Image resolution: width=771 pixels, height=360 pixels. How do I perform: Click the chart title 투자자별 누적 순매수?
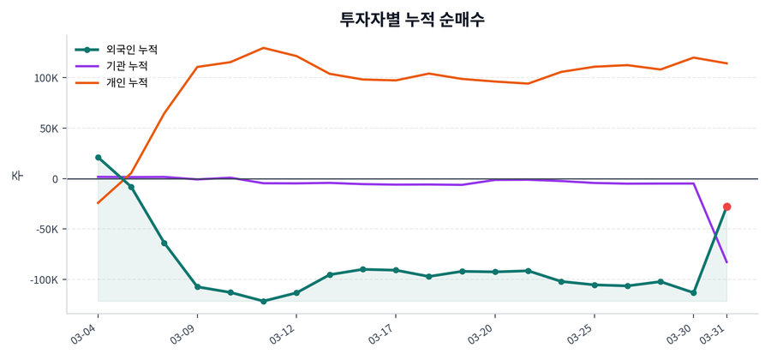point(412,19)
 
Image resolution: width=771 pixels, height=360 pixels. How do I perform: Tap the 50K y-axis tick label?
point(48,129)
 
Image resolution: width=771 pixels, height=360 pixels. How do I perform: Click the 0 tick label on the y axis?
point(54,179)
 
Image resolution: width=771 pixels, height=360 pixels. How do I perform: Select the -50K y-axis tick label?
point(46,230)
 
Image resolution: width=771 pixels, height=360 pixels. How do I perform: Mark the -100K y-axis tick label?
point(43,280)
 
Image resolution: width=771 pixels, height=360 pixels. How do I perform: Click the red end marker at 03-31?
point(726,207)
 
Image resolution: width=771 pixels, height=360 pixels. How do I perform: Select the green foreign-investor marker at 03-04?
point(98,158)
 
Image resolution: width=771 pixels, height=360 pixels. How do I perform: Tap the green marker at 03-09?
point(197,287)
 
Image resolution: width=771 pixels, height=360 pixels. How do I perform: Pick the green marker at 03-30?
point(693,293)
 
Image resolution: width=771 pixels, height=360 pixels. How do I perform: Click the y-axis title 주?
point(16,175)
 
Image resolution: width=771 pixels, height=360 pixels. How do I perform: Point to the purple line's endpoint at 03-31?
point(726,262)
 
